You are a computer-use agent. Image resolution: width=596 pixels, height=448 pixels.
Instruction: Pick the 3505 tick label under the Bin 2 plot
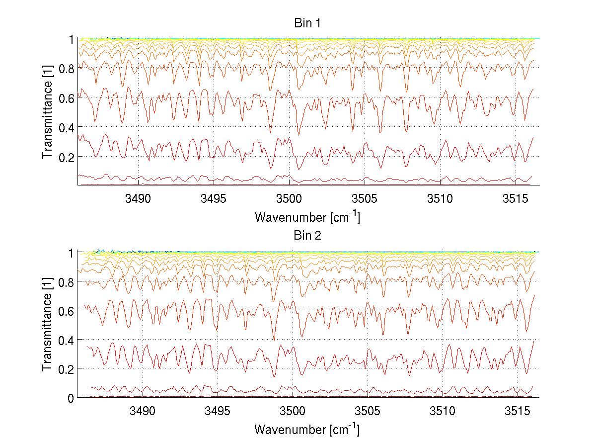tap(368, 412)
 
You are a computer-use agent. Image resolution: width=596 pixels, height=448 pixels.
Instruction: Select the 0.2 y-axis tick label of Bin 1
tap(66, 157)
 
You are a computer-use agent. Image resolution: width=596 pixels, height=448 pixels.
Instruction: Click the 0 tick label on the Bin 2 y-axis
tap(71, 398)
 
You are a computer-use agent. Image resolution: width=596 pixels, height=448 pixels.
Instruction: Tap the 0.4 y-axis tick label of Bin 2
tap(66, 340)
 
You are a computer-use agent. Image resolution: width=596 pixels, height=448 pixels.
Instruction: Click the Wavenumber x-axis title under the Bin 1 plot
tap(307, 217)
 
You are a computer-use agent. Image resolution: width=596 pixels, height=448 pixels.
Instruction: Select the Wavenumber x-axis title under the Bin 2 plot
tap(307, 429)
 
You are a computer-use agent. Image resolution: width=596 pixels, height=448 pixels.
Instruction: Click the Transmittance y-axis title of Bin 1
tap(48, 111)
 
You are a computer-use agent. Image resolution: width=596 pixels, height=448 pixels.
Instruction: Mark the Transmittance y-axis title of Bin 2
tap(48, 324)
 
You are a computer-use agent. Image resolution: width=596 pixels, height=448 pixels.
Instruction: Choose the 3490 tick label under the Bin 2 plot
tap(143, 412)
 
